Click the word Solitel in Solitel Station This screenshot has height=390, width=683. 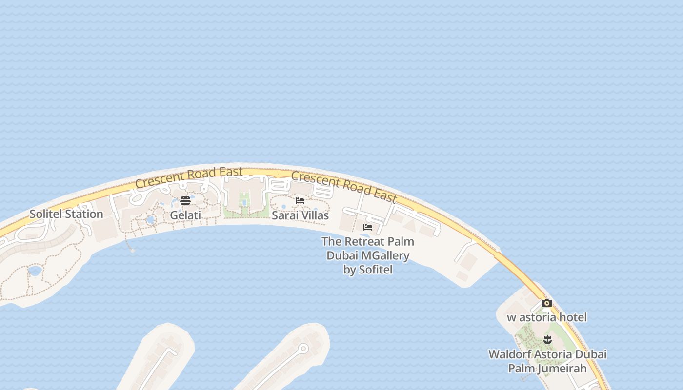(46, 214)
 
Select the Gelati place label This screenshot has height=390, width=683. (185, 215)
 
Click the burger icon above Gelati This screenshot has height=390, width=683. (185, 200)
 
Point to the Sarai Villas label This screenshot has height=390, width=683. (300, 215)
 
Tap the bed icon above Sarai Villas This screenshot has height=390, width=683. (300, 200)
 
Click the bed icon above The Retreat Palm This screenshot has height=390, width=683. (368, 227)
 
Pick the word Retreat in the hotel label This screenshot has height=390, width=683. (364, 241)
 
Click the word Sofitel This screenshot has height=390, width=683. (375, 270)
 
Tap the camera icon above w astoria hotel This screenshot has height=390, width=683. (547, 303)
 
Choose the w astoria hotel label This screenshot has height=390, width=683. (547, 317)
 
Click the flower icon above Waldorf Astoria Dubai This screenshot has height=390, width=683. (547, 339)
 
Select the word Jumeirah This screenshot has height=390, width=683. (562, 368)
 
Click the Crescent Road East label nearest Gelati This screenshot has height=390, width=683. (189, 177)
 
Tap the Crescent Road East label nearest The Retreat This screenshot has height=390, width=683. (344, 186)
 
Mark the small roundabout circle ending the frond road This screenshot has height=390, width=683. (303, 348)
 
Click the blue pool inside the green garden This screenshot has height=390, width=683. (244, 202)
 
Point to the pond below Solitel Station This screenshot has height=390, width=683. (35, 271)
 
